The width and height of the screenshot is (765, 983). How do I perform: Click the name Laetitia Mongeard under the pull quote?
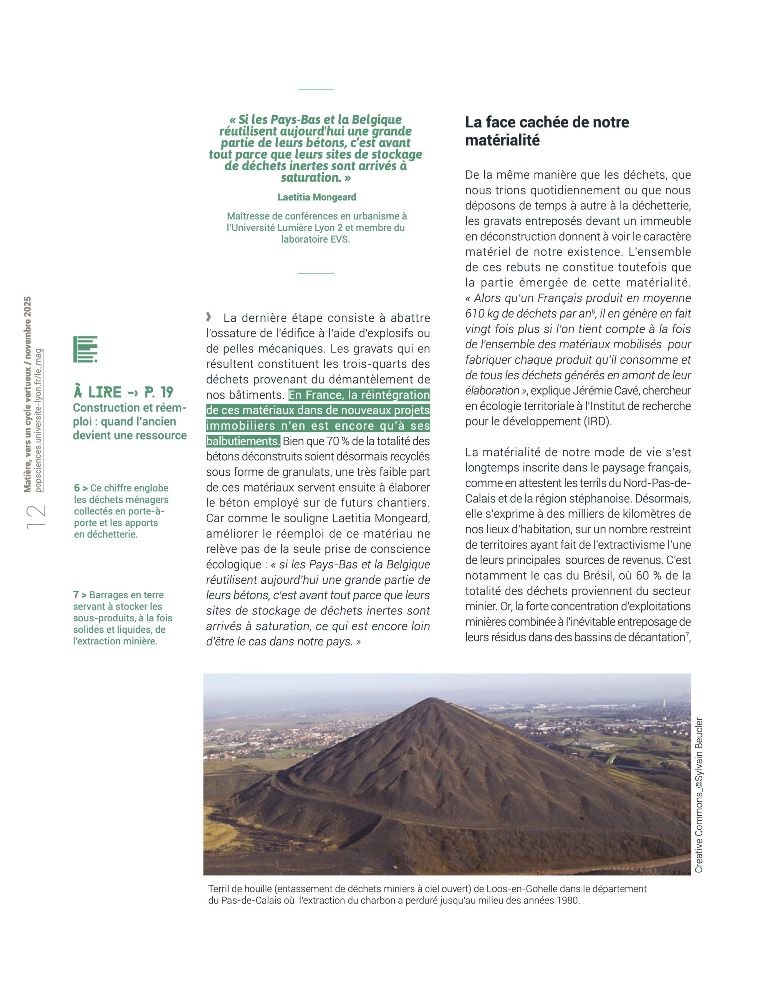pos(316,197)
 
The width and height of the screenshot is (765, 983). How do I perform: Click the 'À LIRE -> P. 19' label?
pos(123,392)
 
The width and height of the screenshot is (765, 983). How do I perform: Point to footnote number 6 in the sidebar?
pos(77,488)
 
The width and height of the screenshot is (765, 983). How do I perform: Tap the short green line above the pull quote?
pos(316,89)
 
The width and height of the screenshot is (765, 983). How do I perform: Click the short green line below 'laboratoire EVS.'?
pos(316,273)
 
